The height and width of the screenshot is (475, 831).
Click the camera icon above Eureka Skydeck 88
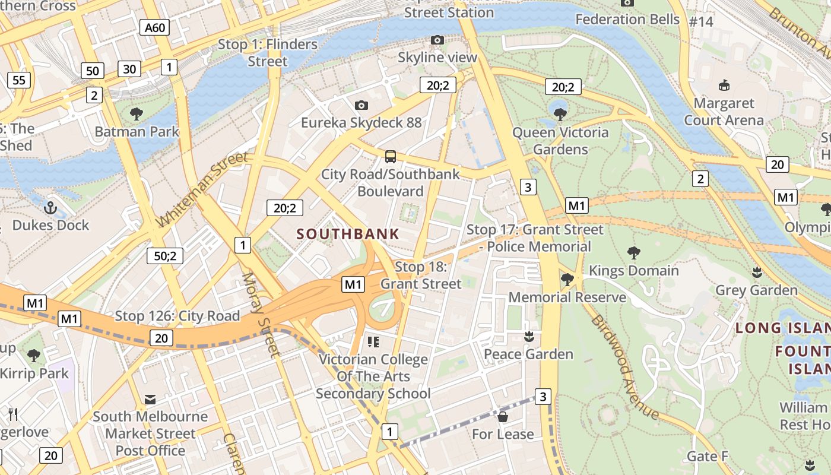pyautogui.click(x=361, y=105)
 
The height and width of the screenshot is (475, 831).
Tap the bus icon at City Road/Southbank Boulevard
pyautogui.click(x=390, y=157)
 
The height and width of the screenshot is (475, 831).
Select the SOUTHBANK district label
pyautogui.click(x=348, y=234)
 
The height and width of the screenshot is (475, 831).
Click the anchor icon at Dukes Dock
pyautogui.click(x=50, y=208)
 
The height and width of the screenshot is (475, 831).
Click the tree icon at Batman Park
pyautogui.click(x=137, y=113)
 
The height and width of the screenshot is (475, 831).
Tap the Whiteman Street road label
pyautogui.click(x=202, y=189)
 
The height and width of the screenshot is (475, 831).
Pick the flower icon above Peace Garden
pyautogui.click(x=529, y=337)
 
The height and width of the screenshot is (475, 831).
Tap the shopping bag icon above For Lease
pyautogui.click(x=503, y=417)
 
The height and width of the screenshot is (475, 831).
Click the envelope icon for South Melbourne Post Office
pyautogui.click(x=150, y=399)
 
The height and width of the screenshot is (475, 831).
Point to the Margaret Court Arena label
pyautogui.click(x=724, y=112)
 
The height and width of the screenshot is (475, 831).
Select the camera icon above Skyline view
pyautogui.click(x=437, y=40)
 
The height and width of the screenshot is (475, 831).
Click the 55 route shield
pyautogui.click(x=19, y=80)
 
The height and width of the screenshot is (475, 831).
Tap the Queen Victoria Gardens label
pyautogui.click(x=560, y=141)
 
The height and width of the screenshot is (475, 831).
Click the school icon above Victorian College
pyautogui.click(x=373, y=341)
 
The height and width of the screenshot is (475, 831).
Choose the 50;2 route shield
pyautogui.click(x=165, y=256)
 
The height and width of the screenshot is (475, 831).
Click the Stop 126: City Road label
pyautogui.click(x=177, y=316)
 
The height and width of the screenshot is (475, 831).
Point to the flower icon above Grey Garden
pyautogui.click(x=756, y=273)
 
